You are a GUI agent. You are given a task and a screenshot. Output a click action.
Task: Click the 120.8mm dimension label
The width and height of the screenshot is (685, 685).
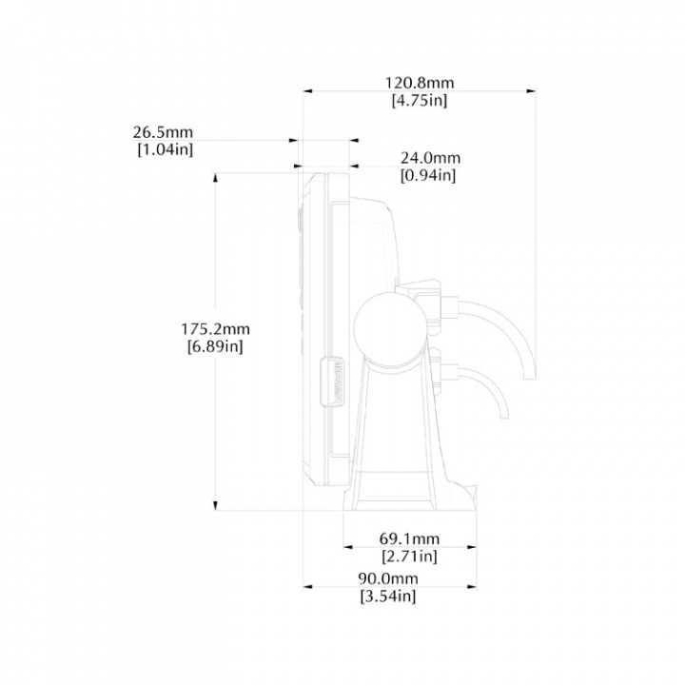(419, 83)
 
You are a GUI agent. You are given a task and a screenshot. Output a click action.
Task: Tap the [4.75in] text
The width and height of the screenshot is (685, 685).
(420, 101)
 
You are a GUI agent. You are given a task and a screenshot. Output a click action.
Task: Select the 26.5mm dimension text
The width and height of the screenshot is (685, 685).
(163, 132)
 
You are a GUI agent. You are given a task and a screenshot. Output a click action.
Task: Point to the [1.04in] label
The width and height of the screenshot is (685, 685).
(166, 150)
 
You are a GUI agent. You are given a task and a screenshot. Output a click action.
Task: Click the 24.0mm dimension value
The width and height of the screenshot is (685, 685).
(430, 158)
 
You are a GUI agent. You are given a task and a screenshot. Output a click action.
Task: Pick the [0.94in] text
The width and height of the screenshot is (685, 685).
(428, 176)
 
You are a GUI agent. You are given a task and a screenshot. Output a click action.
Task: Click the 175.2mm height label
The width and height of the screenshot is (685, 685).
(215, 328)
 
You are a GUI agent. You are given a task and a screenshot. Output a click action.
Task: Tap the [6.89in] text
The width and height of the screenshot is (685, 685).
(215, 347)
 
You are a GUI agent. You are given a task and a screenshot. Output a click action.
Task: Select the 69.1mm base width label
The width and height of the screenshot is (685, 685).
(409, 538)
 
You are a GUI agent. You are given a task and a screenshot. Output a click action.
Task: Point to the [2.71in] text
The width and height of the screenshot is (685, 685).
(409, 557)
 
